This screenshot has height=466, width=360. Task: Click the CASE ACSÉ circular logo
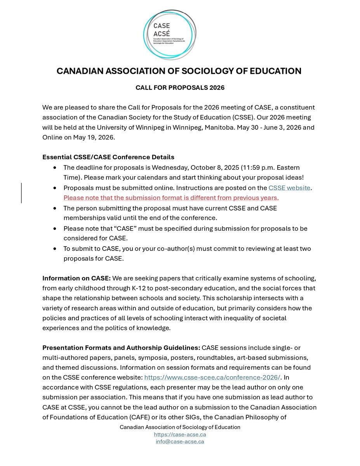170,35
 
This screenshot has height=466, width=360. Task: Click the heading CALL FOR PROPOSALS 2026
180,88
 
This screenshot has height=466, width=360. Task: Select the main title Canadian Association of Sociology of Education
179,71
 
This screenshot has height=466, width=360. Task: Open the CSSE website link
289,188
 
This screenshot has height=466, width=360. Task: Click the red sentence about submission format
171,198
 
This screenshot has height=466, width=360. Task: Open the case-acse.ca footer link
180,435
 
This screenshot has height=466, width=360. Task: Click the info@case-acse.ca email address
180,442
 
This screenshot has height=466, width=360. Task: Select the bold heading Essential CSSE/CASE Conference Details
108,157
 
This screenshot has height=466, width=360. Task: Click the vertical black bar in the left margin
22,193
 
